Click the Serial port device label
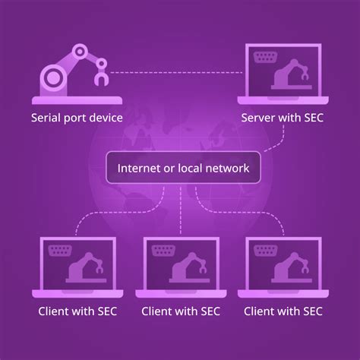coord(77,118)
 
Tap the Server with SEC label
coord(282,118)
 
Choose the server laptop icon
coord(283,76)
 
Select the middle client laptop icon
coord(180,266)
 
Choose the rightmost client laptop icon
coord(283,266)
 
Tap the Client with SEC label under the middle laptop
coord(180,311)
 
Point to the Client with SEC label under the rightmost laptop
coord(283,311)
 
